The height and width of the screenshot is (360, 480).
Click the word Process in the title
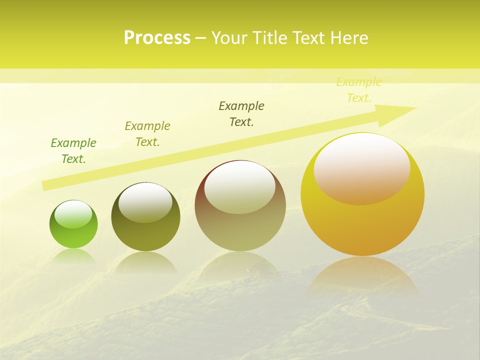[157, 38]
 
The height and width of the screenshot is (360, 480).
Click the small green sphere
[73, 232]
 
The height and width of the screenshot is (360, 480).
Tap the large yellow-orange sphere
[362, 225]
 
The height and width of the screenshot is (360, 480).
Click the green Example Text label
[73, 151]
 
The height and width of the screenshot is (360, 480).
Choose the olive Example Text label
[147, 134]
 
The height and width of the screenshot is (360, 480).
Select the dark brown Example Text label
[241, 114]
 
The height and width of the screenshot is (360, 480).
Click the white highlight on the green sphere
[73, 214]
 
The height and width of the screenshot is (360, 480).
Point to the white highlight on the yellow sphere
[362, 169]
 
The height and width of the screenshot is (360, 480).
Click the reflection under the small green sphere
[73, 255]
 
